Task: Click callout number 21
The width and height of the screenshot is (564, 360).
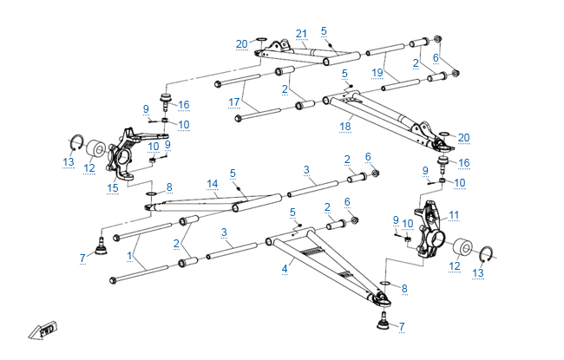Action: (x=301, y=34)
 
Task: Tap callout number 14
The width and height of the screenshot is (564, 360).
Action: (x=212, y=183)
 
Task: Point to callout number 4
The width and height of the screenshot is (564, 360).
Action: (x=284, y=269)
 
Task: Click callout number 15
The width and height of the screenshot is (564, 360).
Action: (x=112, y=187)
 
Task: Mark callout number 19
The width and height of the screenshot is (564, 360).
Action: (x=377, y=75)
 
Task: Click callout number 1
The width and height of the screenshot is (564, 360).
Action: (x=130, y=256)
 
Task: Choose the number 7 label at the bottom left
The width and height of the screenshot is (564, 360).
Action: (x=82, y=258)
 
